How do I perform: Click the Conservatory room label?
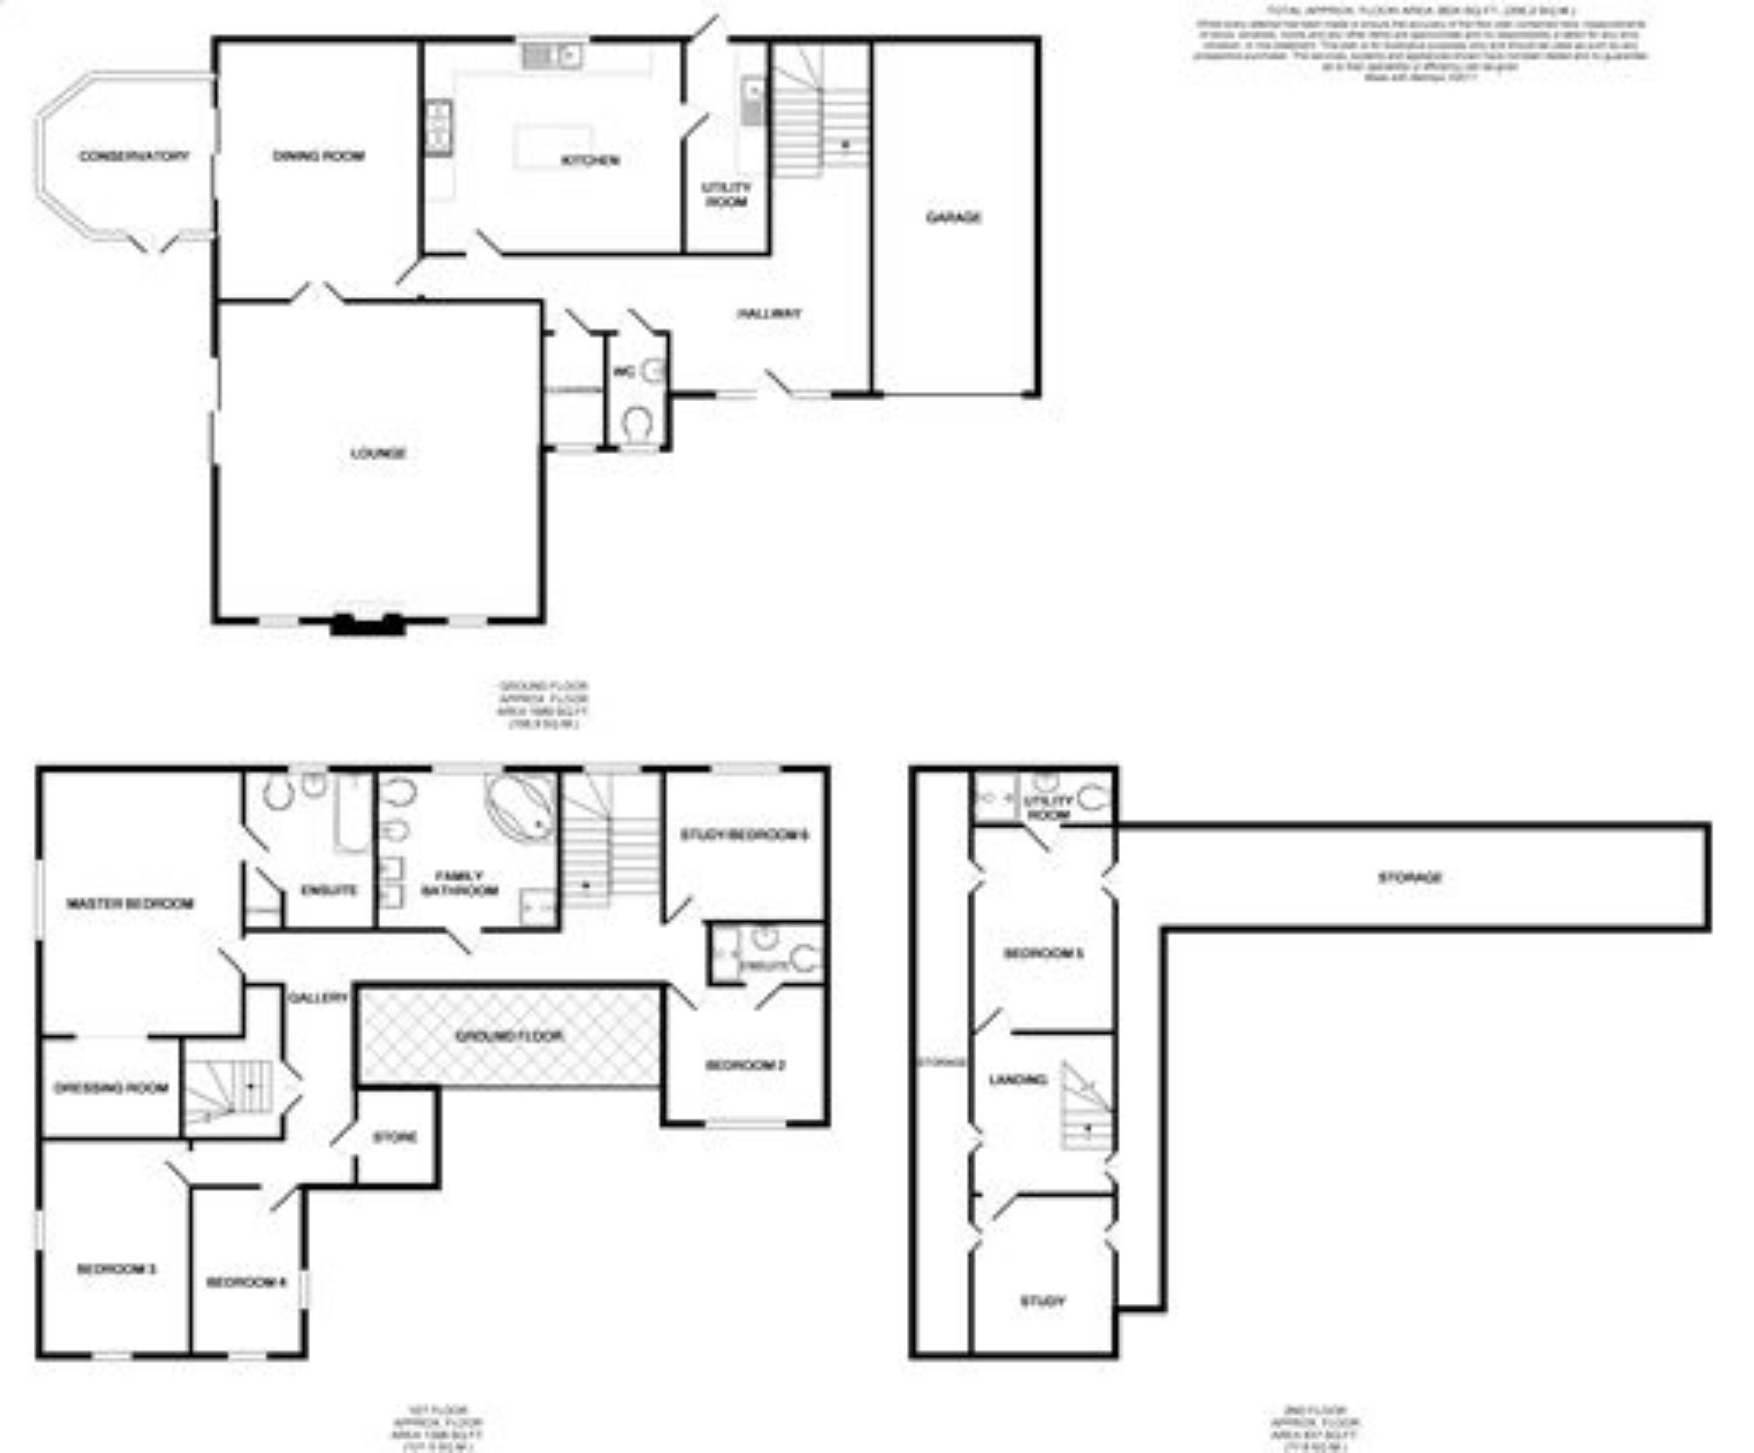pos(133,157)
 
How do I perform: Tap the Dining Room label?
pos(318,156)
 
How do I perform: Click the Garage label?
pos(954,217)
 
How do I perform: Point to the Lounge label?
pos(379,453)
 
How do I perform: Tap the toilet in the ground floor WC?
pos(638,424)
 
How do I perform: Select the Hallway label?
pos(769,314)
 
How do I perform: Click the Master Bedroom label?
pos(130,904)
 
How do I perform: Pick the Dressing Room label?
pos(111,1088)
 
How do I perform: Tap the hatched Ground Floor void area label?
pos(509,1036)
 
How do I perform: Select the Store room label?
pos(395,1138)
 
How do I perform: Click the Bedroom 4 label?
pos(246,1282)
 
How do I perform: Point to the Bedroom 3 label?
pos(116,1269)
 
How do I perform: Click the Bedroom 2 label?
pos(746,1065)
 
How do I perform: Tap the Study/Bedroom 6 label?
pos(744,835)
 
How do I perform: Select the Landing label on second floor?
pos(1018,1080)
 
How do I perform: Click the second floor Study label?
pos(1043,1301)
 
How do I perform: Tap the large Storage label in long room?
pos(1409,878)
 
